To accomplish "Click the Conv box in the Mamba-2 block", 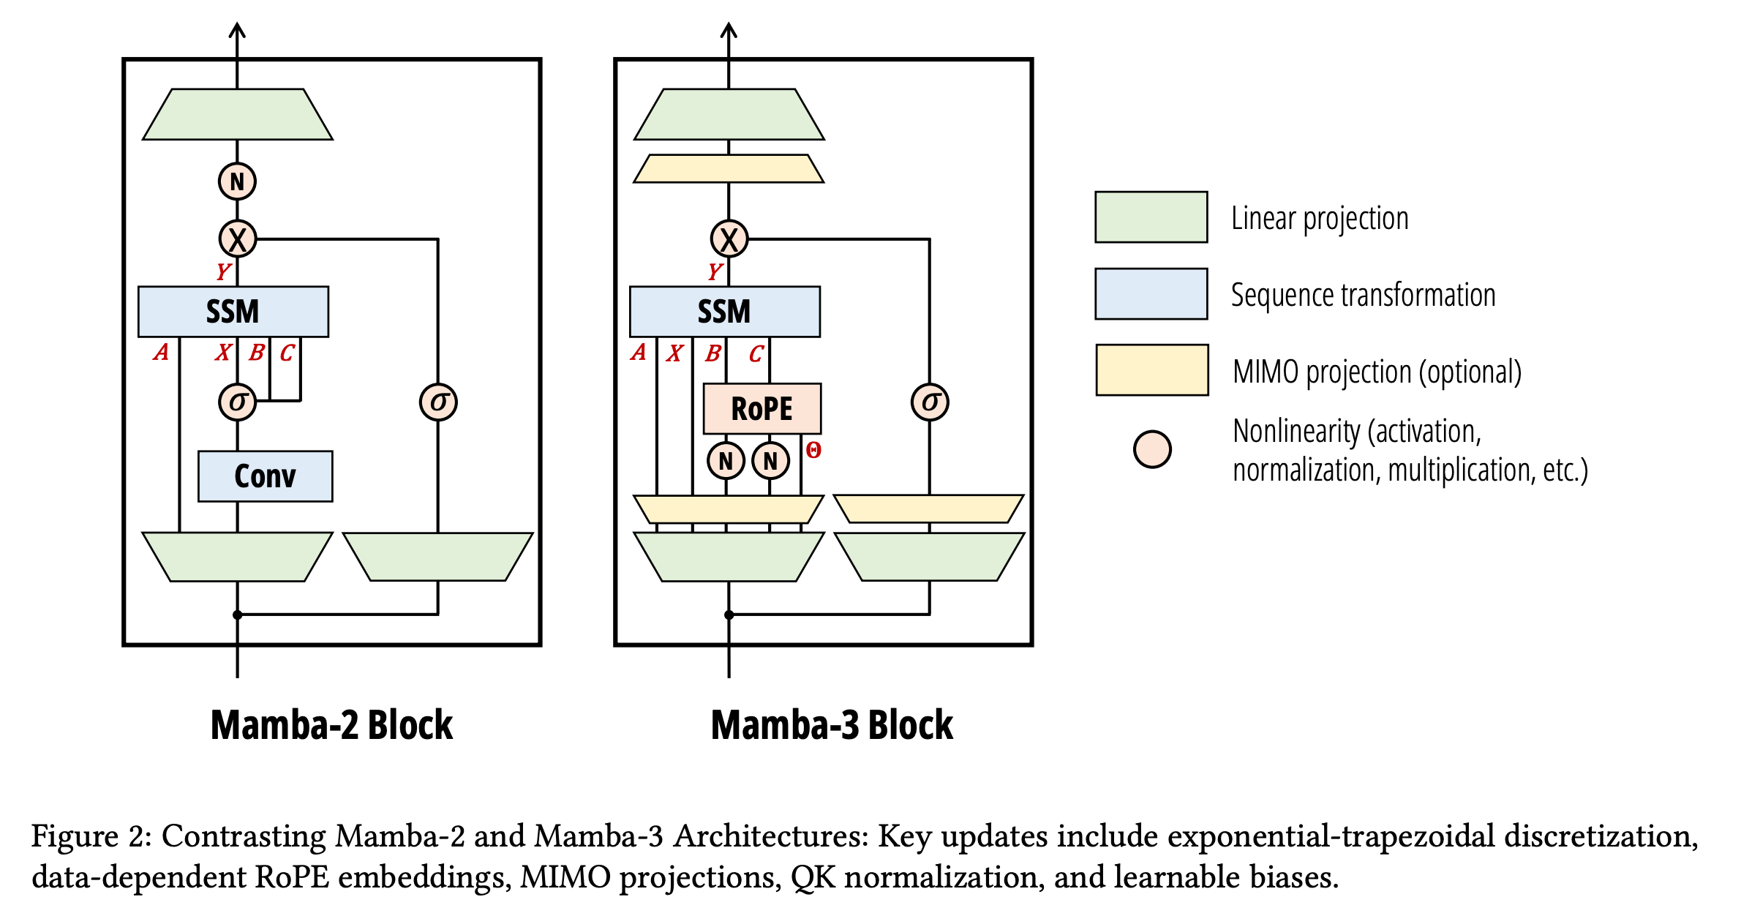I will (265, 476).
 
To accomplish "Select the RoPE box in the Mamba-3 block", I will (762, 408).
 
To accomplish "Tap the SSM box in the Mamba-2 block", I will (233, 312).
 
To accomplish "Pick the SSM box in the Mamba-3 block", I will (724, 312).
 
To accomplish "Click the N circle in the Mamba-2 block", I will (237, 181).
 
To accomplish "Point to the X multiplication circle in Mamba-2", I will (237, 239).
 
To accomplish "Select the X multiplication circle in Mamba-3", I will (729, 239).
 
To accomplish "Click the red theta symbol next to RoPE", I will (813, 450).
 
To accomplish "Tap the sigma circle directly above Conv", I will (237, 402).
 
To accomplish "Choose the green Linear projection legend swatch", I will (1151, 217).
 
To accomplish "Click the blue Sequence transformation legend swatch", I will (1151, 294).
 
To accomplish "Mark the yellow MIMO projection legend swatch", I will (1151, 370).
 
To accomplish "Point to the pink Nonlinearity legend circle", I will (1152, 449).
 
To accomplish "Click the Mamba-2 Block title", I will (331, 725).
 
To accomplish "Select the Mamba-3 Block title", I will (832, 725).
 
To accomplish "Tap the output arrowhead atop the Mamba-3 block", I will (729, 30).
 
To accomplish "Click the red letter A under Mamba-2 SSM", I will (161, 353).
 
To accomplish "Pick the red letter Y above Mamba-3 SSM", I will (715, 271).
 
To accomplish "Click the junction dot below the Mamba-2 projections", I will (237, 615).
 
